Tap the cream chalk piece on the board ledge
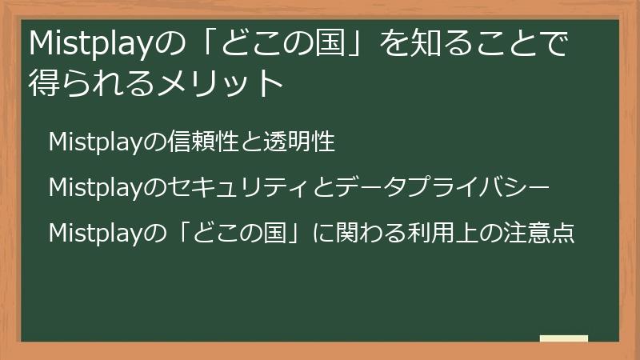click(x=564, y=338)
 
